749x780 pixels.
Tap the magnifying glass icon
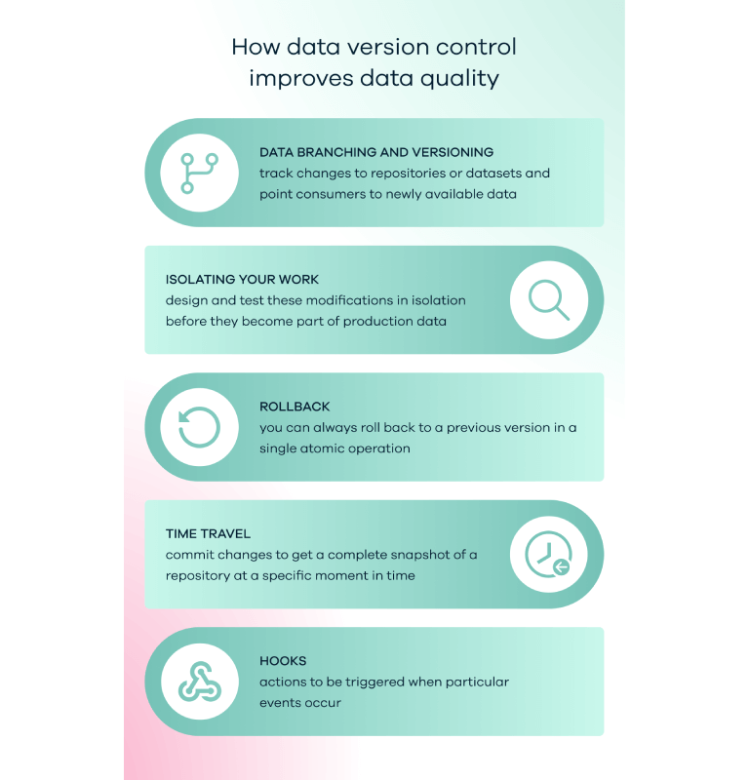point(548,299)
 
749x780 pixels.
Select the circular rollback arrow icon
point(199,427)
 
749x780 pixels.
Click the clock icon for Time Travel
point(548,554)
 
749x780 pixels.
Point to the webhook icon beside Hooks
point(200,682)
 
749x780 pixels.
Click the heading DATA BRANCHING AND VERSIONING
point(376,152)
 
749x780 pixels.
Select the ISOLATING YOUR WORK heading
point(242,280)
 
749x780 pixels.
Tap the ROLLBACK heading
point(295,407)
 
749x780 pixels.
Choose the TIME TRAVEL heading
point(208,533)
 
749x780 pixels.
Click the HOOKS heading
point(283,661)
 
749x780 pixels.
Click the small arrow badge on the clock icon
point(562,566)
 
